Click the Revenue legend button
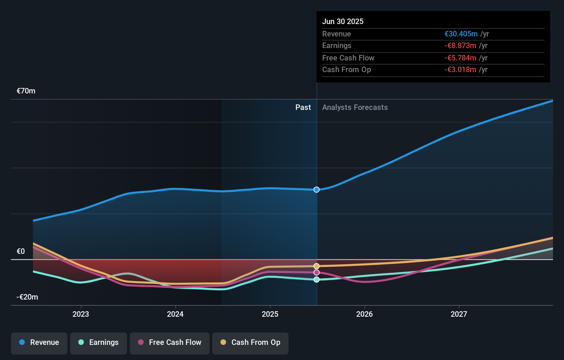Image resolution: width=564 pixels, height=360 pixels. point(39,343)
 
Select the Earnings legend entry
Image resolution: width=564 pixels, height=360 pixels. point(99,343)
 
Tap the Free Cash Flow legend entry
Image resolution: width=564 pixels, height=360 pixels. point(170,343)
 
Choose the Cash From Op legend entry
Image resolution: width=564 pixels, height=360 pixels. point(250,343)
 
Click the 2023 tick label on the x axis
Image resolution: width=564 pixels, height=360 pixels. point(81,314)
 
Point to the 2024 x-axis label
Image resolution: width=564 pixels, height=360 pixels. point(175,314)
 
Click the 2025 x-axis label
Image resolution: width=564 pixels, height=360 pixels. point(270,314)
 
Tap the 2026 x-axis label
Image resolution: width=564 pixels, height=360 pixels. point(364,314)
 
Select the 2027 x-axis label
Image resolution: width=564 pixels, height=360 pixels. point(459,314)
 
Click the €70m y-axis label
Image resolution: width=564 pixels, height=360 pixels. point(26,91)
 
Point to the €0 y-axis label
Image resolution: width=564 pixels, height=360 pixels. point(21,251)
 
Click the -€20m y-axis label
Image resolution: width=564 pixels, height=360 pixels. point(27,297)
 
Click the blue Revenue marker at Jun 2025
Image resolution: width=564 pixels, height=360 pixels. point(316,190)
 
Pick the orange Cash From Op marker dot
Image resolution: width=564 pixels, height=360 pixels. point(316,266)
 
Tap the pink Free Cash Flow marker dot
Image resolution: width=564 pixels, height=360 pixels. point(316,272)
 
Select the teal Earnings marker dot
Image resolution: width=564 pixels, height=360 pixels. point(316,280)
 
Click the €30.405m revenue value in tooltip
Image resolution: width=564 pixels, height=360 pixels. point(461,34)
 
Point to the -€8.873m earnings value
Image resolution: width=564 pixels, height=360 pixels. point(460,46)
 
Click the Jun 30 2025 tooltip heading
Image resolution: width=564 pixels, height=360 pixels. point(342,22)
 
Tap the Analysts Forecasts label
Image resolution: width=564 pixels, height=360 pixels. point(355,108)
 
